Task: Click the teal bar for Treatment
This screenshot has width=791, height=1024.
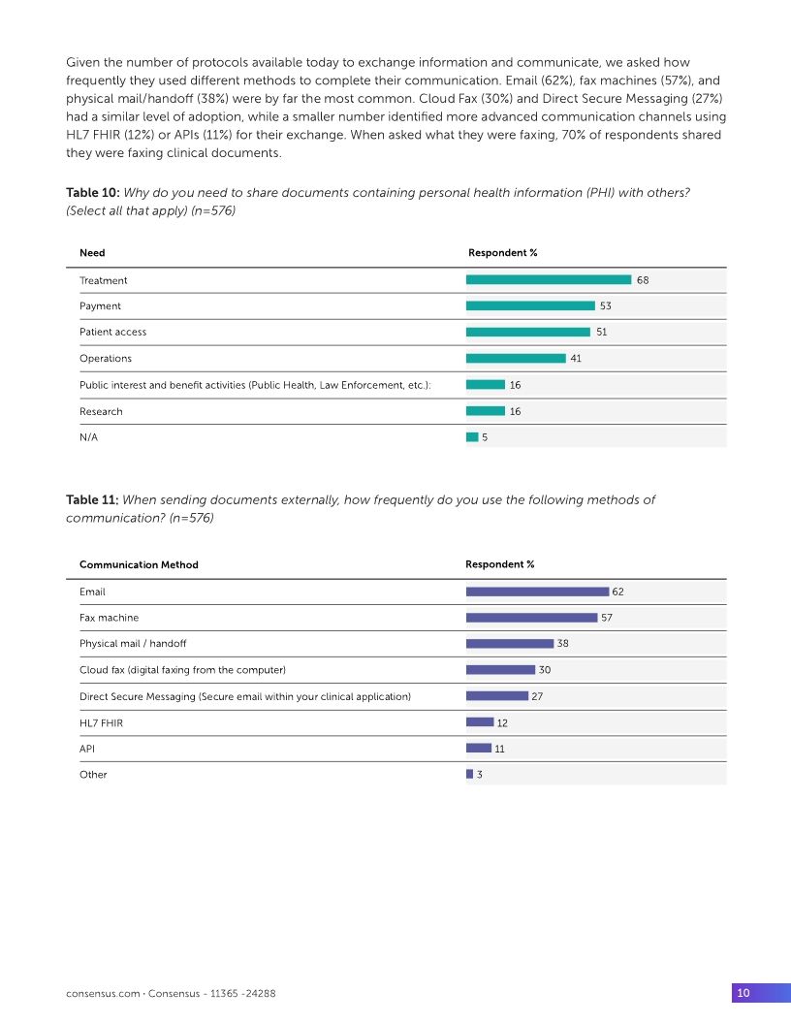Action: tap(549, 280)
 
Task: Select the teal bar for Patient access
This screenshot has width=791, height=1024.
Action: tap(528, 332)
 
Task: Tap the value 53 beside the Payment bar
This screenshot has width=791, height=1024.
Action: tap(605, 306)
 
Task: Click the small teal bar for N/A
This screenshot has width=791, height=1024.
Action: tap(472, 437)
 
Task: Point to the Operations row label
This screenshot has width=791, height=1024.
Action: tap(106, 358)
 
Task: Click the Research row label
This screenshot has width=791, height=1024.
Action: tap(101, 411)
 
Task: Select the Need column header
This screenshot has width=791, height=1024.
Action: tap(92, 253)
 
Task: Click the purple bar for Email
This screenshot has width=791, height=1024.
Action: tap(537, 592)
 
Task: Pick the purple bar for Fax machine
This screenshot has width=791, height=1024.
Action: tap(531, 618)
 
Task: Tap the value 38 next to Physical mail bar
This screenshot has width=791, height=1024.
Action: tap(562, 644)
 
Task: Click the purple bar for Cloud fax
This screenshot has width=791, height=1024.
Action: tap(500, 670)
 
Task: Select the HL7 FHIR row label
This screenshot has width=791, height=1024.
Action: tap(101, 722)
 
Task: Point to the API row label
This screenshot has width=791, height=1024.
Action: tap(87, 749)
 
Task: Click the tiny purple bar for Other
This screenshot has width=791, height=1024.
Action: tap(469, 775)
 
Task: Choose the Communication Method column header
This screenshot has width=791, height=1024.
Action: tap(139, 564)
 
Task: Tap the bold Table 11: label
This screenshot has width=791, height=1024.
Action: tap(92, 500)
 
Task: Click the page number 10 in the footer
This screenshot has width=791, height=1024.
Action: tap(744, 993)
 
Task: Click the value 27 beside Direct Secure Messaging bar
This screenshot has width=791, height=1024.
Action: tap(537, 696)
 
